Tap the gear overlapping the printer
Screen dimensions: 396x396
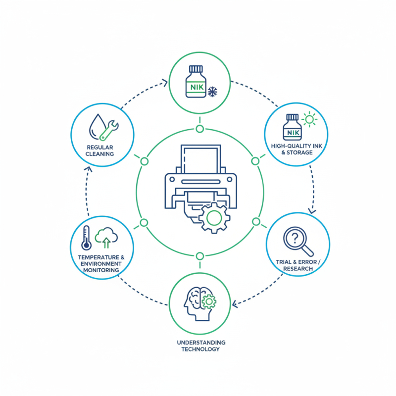(214, 218)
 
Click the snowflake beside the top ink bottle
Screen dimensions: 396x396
(212, 92)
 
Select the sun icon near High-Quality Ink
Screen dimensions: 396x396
(309, 119)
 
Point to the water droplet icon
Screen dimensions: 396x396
(97, 127)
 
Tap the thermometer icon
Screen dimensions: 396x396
(86, 238)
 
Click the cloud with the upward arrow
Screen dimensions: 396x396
(106, 238)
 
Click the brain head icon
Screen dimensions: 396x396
(199, 303)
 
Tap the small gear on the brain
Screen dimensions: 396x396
(209, 301)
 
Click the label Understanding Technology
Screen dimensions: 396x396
(201, 346)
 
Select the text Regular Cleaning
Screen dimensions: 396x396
(100, 150)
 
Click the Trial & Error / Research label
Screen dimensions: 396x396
(298, 265)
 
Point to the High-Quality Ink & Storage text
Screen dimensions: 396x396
(297, 149)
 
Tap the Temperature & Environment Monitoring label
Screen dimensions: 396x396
(101, 264)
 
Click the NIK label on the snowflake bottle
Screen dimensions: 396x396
(197, 87)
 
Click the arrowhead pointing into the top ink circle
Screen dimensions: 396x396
(165, 83)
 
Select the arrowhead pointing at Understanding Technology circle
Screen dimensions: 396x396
(235, 304)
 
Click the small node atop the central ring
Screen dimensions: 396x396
(200, 129)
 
